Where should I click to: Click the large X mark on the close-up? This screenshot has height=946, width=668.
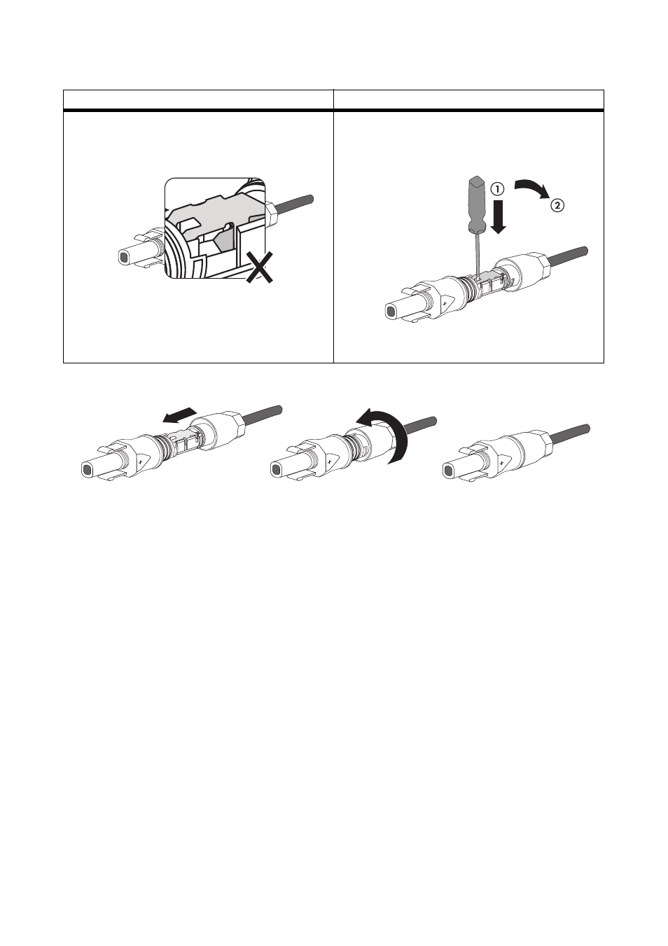pos(259,267)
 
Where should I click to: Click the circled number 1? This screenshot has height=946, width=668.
pos(498,190)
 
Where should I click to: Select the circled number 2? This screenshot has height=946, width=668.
pos(557,206)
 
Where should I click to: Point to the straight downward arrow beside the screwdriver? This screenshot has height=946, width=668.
pos(499,217)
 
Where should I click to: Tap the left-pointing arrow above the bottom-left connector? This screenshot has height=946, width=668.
pos(179,415)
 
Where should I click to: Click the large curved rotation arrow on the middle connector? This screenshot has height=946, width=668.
pos(391,435)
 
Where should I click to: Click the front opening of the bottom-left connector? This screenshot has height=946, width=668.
pos(87,469)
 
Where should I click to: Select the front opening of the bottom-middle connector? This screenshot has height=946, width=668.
pos(276,469)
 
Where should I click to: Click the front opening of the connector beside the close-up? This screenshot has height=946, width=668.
pos(124,257)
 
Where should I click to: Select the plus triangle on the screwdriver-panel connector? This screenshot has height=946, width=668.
pos(445,304)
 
